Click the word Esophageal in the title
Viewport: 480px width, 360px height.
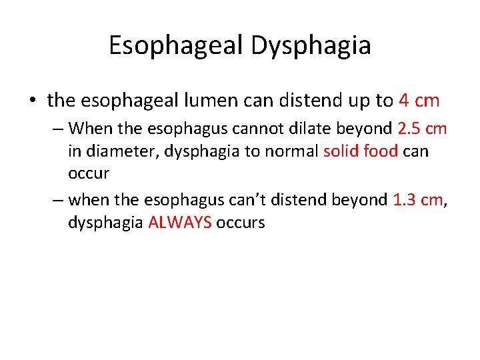coord(176,45)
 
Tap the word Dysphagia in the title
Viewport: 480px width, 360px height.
coord(311,45)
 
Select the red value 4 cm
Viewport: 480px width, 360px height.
coord(419,101)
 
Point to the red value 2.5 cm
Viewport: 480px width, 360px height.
coord(422,127)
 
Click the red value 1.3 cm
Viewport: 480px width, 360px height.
coord(418,199)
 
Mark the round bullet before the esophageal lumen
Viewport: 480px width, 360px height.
coord(32,101)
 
